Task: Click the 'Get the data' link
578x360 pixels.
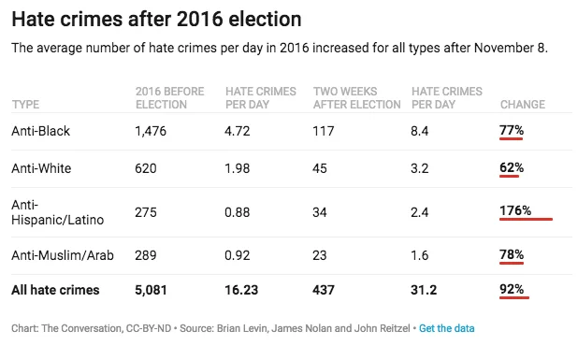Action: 446,328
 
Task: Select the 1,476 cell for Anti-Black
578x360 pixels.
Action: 151,131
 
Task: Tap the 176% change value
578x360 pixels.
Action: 515,210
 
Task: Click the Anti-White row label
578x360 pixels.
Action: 41,168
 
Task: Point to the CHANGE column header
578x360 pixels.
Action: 522,105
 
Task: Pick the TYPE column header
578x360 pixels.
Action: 25,105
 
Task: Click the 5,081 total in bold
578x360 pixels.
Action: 151,290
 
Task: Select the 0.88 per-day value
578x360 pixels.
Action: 237,212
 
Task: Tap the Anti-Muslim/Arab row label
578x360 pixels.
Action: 63,255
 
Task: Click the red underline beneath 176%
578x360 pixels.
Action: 526,219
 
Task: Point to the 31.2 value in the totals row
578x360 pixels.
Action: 424,290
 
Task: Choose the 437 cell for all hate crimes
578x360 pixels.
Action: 324,290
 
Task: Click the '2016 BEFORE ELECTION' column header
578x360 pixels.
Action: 169,97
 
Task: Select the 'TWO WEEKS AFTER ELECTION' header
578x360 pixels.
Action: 357,97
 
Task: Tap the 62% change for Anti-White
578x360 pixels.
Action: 512,167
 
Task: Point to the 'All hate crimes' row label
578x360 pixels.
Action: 55,290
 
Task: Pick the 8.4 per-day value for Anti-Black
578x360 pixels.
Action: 420,131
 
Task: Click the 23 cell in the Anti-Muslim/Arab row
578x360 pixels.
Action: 319,255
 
